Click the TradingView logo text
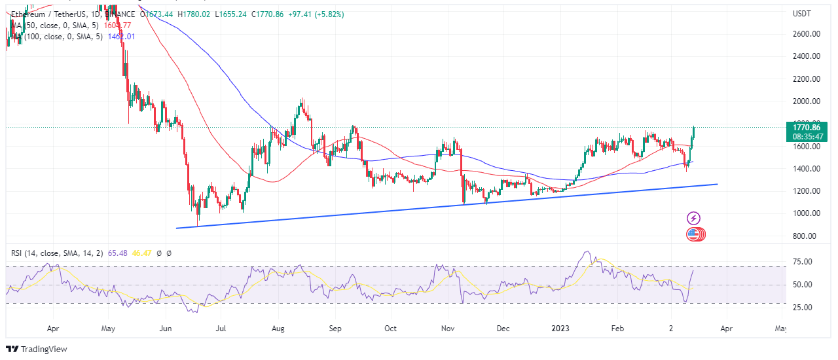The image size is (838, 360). [44, 349]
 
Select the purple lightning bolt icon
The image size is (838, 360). [694, 219]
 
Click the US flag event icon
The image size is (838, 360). [693, 234]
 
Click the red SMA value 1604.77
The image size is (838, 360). [118, 26]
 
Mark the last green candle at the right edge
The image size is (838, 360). [693, 133]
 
